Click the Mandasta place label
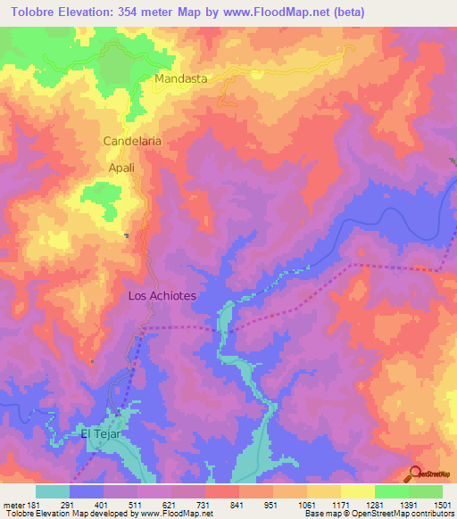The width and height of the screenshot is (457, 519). tap(180, 78)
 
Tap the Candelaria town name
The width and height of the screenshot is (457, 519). tap(131, 141)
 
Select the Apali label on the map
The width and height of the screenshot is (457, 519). tap(121, 167)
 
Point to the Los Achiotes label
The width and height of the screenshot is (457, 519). tap(162, 295)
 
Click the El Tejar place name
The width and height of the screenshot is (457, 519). tap(100, 434)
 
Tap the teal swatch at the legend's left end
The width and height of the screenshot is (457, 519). tap(53, 491)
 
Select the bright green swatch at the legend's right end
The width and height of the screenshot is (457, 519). tap(426, 491)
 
